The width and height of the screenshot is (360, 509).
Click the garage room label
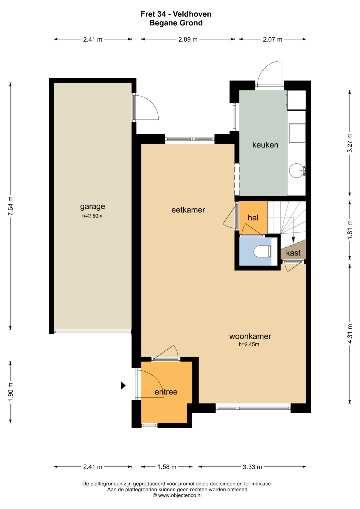[x=93, y=207]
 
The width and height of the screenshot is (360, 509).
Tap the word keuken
[x=265, y=145]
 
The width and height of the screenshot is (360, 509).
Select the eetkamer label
[x=188, y=210]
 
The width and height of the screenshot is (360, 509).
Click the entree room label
[x=166, y=392]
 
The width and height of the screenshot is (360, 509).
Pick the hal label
[x=253, y=218]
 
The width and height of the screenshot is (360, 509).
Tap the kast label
[x=293, y=253]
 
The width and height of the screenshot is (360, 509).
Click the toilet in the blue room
[x=262, y=251]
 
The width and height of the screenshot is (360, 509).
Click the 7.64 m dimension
[x=10, y=206]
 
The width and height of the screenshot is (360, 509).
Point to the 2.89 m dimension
[x=188, y=39]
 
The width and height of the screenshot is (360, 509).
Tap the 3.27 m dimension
[x=350, y=143]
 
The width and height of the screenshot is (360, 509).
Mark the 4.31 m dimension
[x=350, y=334]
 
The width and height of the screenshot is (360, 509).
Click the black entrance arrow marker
[x=123, y=385]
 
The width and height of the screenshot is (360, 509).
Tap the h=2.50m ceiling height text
[x=92, y=216]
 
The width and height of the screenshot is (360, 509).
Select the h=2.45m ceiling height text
[x=249, y=344]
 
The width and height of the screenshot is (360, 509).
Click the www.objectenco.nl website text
[x=180, y=495]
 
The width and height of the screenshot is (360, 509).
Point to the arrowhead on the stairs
[x=293, y=239]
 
